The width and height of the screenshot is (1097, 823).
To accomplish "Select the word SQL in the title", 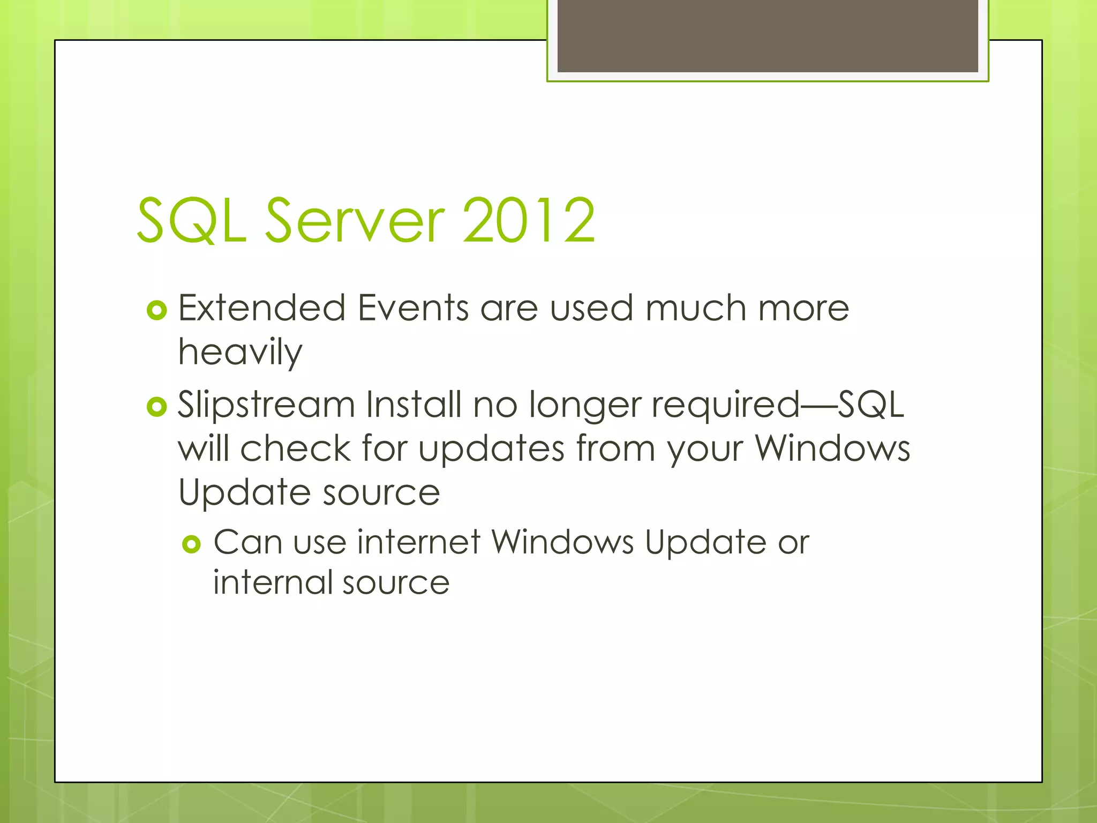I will click(x=191, y=220).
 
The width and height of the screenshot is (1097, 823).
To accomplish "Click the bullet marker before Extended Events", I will click(x=157, y=310).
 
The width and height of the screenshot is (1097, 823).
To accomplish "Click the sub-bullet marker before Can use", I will click(x=191, y=544).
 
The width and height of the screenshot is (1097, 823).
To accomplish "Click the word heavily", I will click(x=240, y=353).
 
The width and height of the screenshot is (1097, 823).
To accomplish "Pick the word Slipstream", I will click(x=266, y=405).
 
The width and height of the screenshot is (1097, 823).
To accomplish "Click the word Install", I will click(x=413, y=405).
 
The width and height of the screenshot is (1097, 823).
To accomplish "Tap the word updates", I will click(x=491, y=449).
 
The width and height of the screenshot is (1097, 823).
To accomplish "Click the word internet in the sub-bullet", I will click(x=419, y=542).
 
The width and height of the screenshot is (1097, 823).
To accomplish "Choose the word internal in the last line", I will click(x=272, y=582).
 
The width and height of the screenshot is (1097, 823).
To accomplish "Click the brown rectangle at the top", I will click(x=767, y=35).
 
